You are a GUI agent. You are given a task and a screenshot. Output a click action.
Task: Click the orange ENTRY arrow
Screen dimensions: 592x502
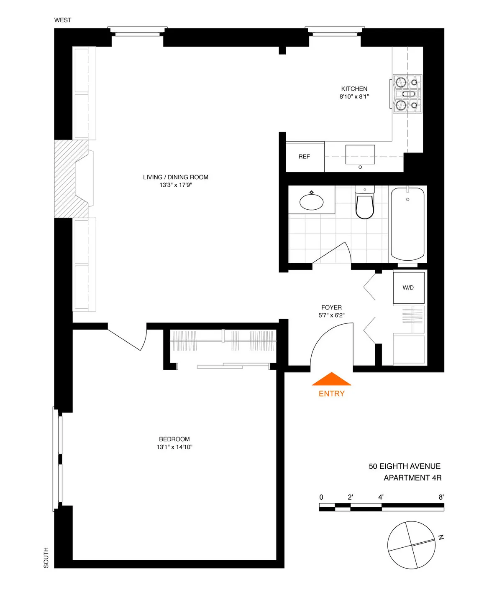(331, 379)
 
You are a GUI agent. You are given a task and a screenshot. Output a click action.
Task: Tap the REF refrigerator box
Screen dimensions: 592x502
(305, 157)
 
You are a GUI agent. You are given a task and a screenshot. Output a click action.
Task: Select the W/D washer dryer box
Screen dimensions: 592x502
(409, 287)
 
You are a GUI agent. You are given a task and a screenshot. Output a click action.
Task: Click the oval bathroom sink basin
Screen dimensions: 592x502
(312, 202)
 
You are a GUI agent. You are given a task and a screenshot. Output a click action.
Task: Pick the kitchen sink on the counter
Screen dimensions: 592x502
(360, 155)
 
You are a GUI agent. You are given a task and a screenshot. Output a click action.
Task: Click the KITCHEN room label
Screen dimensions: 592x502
(354, 89)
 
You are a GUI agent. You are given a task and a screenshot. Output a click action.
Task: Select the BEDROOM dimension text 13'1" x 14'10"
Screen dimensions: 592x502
(174, 447)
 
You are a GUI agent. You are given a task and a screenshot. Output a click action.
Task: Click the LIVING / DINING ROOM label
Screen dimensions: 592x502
(175, 177)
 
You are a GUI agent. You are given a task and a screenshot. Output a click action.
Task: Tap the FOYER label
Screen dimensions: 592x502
(331, 307)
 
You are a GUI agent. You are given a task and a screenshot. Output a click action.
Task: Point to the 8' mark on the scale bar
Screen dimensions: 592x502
(441, 497)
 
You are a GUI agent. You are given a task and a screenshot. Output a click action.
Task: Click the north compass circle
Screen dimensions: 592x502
(411, 545)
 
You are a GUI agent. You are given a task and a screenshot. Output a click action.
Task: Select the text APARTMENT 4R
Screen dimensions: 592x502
(412, 478)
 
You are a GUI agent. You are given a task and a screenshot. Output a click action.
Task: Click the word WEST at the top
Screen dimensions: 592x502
(63, 20)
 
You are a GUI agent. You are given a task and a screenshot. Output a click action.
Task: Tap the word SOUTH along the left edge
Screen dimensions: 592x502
(46, 557)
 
